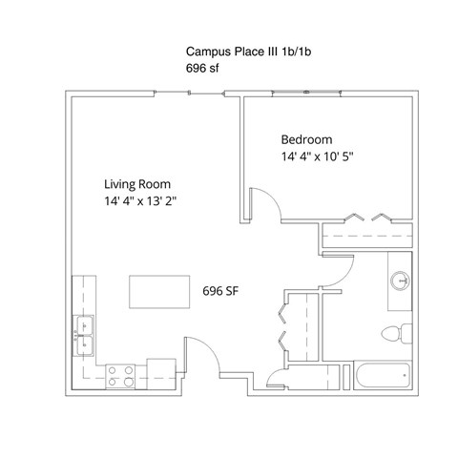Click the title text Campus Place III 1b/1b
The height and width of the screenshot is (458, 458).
248,52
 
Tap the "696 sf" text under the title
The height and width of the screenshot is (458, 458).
202,68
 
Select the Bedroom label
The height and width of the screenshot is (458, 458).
306,140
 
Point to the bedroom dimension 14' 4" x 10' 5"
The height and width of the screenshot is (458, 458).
318,156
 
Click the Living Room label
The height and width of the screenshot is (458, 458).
137,184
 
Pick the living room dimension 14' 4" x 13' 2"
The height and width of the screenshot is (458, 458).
140,201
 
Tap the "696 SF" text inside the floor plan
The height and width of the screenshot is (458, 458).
220,291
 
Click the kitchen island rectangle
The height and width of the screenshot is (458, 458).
159,292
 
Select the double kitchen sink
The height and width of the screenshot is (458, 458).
83,336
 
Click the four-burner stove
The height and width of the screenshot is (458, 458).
120,376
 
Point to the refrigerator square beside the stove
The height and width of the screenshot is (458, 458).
161,374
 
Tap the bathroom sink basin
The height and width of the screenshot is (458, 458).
400,281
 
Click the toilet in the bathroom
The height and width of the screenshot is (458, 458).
397,334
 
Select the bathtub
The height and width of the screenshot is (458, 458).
383,375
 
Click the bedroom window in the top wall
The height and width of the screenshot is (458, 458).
306,93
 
